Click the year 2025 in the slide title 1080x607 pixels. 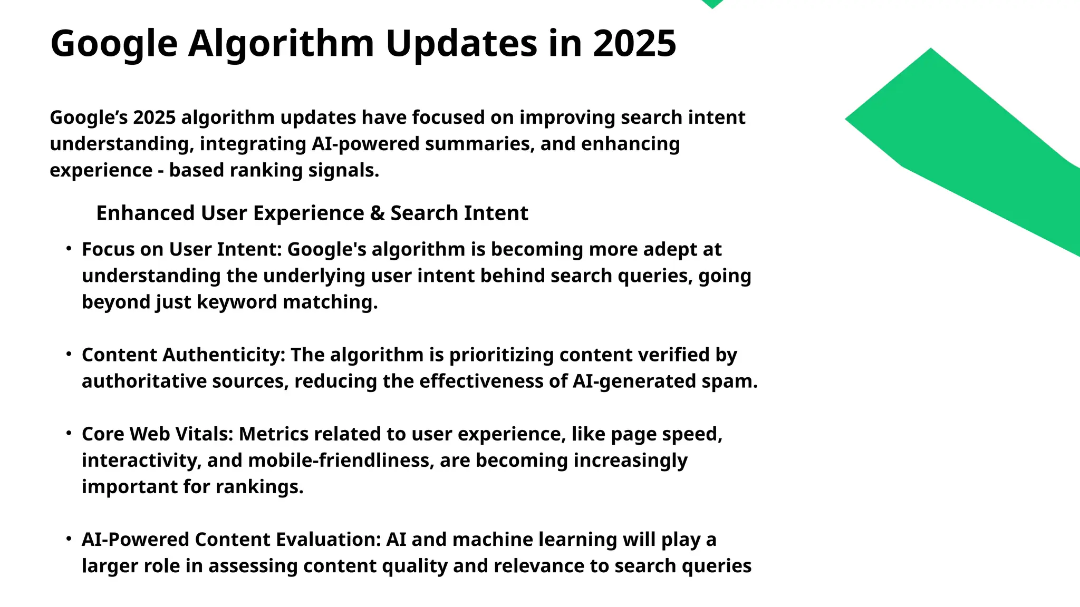[634, 43]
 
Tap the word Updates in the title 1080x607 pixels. [462, 43]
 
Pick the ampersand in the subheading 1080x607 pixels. [377, 213]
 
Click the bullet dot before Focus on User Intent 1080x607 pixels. [69, 248]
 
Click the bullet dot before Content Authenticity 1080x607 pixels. [69, 354]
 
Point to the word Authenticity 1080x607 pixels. [224, 355]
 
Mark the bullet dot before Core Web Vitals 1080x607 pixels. [69, 433]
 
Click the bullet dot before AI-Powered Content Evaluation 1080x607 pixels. [69, 538]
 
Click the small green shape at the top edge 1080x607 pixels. [712, 4]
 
